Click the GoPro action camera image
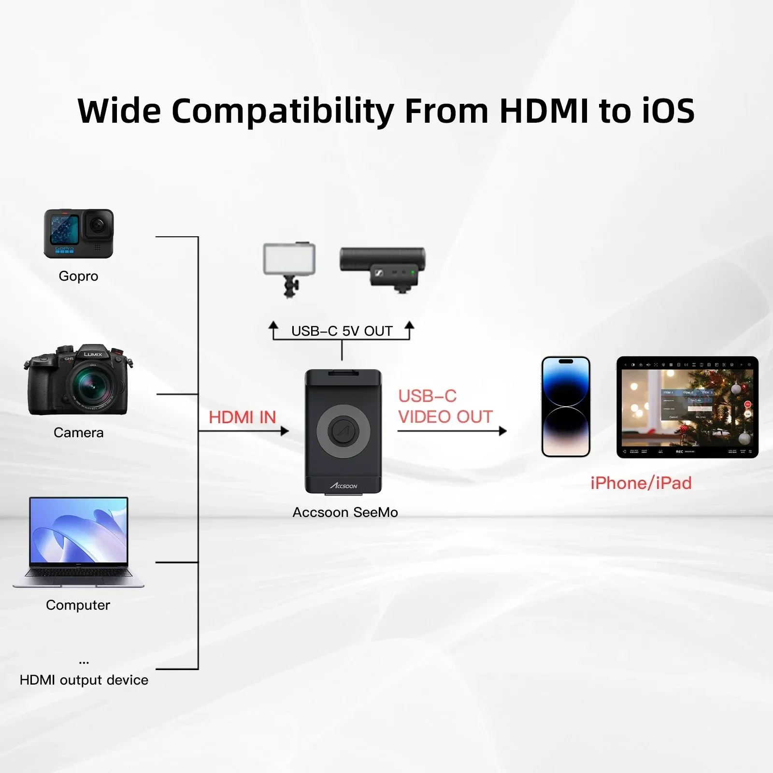tap(78, 233)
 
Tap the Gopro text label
tap(78, 276)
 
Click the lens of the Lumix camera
tap(92, 384)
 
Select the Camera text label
tap(78, 432)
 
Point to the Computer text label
tap(78, 605)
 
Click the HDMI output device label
tap(84, 680)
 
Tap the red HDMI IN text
tap(242, 417)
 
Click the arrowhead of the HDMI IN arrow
tap(285, 431)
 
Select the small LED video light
tap(289, 260)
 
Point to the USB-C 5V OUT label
tap(342, 331)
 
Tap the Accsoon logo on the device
tap(344, 485)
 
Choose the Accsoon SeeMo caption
tap(345, 512)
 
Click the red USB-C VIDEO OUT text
tap(445, 406)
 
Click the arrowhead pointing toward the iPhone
tap(502, 431)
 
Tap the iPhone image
tap(566, 407)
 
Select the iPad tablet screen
tap(687, 407)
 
